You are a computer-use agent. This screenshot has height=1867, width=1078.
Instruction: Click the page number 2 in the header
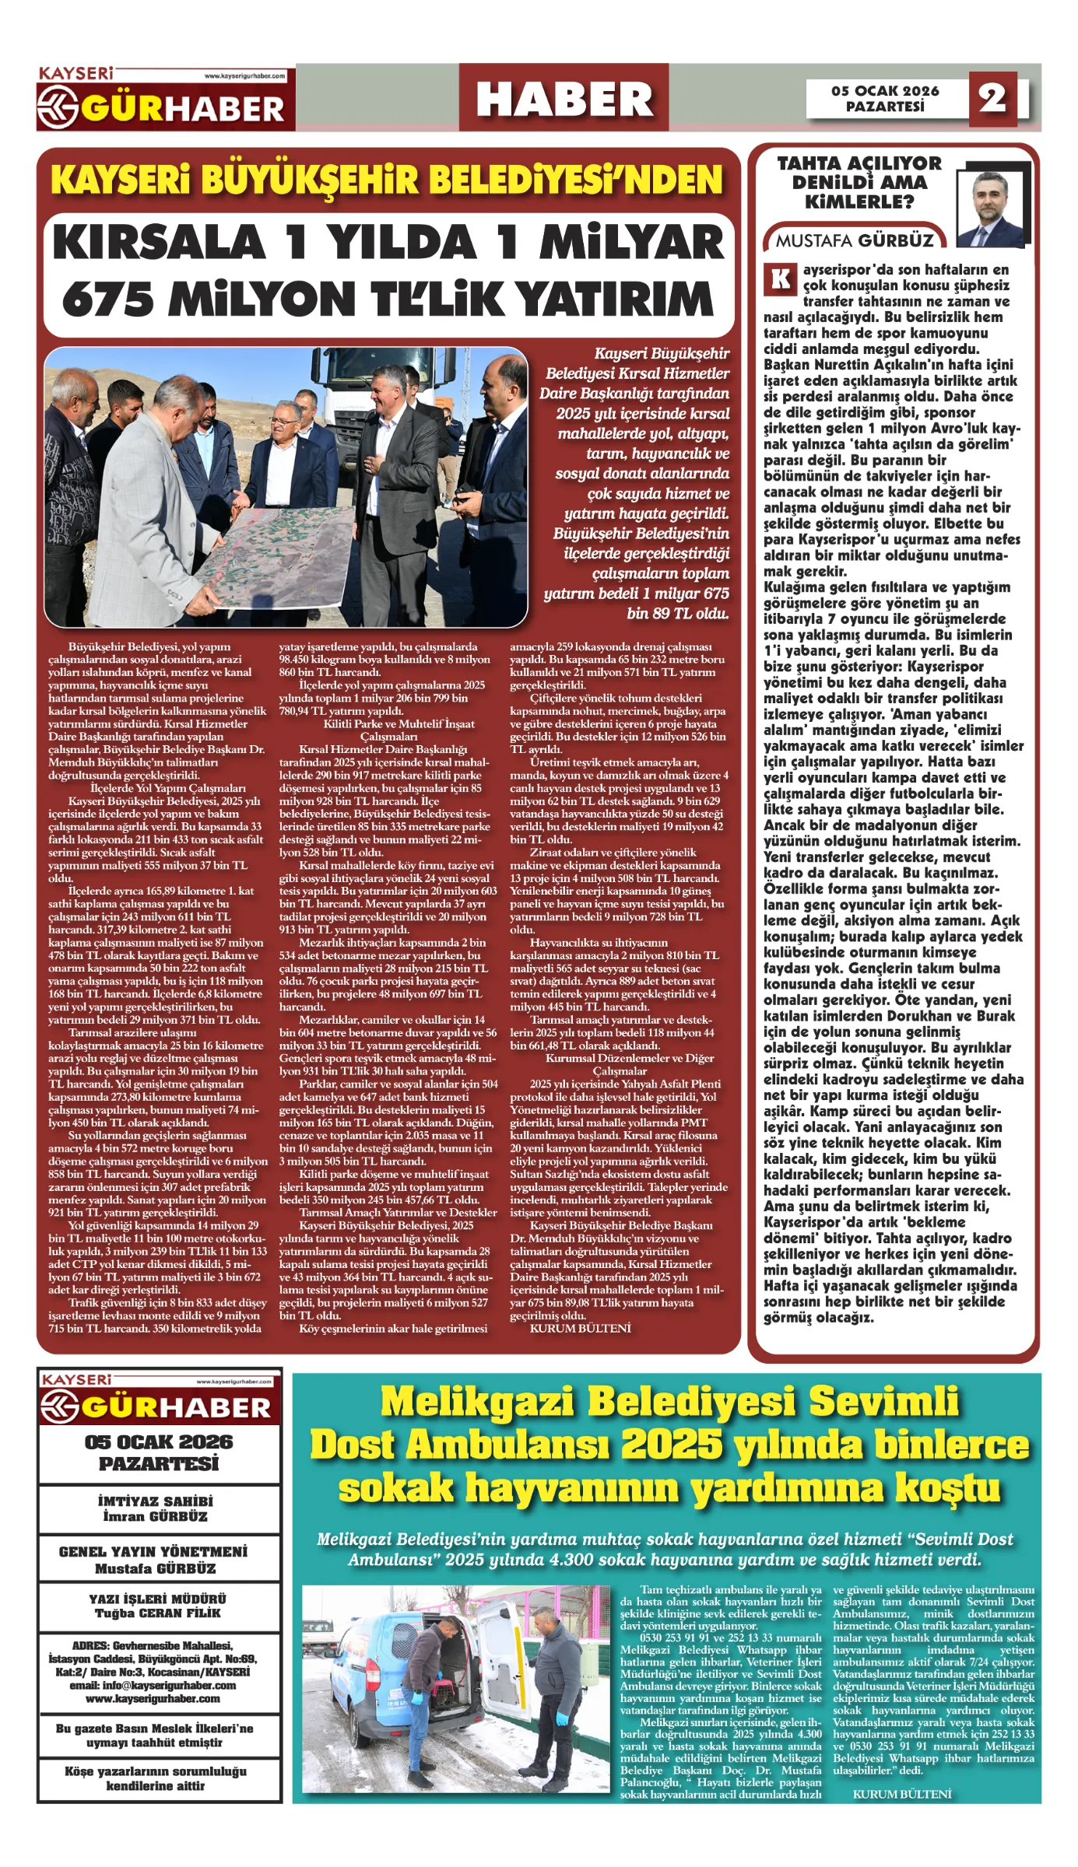tap(992, 98)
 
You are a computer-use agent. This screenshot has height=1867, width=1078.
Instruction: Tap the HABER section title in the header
tap(564, 99)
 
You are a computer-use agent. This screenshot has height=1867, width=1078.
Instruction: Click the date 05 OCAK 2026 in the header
tap(885, 91)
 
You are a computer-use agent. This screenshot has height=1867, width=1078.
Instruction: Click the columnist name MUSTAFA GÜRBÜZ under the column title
tap(854, 240)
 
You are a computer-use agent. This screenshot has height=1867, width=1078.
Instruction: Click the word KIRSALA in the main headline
tap(160, 243)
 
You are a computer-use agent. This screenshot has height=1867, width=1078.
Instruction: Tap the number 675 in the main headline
tap(107, 299)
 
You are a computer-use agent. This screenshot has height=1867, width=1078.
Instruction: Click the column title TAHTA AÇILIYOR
tap(859, 163)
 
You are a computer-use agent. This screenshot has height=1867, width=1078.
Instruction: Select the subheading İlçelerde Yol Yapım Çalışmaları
tap(156, 788)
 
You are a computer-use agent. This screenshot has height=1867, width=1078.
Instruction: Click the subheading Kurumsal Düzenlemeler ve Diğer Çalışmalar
tap(619, 1064)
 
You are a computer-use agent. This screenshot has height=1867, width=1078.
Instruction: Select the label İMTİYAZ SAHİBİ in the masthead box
tap(156, 1501)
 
